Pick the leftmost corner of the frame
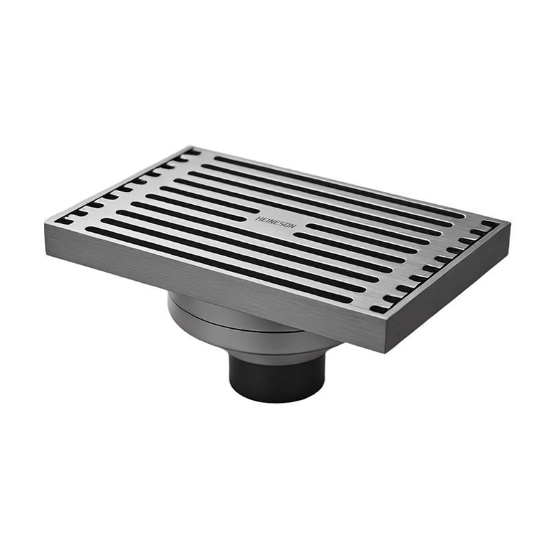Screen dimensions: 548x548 45,224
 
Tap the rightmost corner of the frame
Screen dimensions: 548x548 510,224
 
